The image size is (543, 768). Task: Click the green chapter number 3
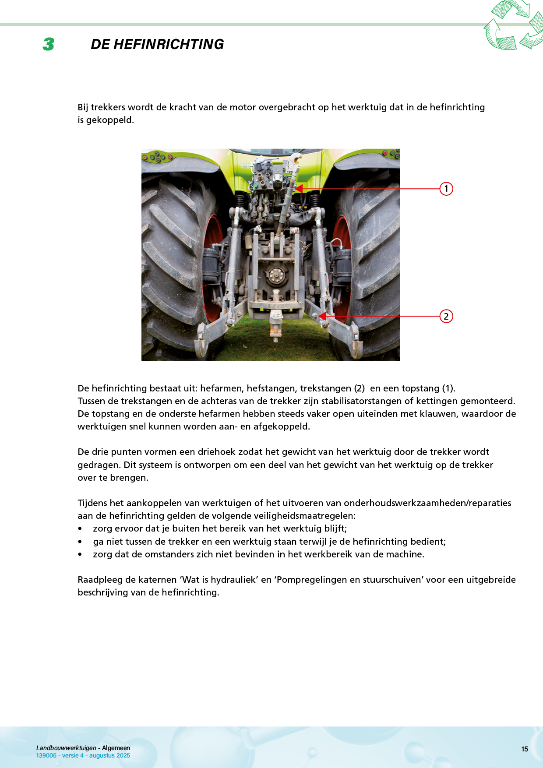pyautogui.click(x=49, y=44)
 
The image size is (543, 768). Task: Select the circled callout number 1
pyautogui.click(x=446, y=189)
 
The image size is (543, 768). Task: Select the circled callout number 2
pyautogui.click(x=446, y=316)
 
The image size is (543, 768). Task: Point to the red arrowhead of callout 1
pyautogui.click(x=299, y=189)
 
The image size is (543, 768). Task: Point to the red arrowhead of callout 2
pyautogui.click(x=322, y=316)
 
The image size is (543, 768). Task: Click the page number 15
pyautogui.click(x=525, y=749)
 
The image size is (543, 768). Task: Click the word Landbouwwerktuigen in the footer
pyautogui.click(x=66, y=748)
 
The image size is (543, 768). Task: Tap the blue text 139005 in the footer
pyautogui.click(x=46, y=755)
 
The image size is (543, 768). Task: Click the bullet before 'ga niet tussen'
pyautogui.click(x=80, y=542)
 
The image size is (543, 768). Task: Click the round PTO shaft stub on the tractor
pyautogui.click(x=275, y=275)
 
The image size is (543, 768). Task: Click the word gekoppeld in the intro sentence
pyautogui.click(x=109, y=120)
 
